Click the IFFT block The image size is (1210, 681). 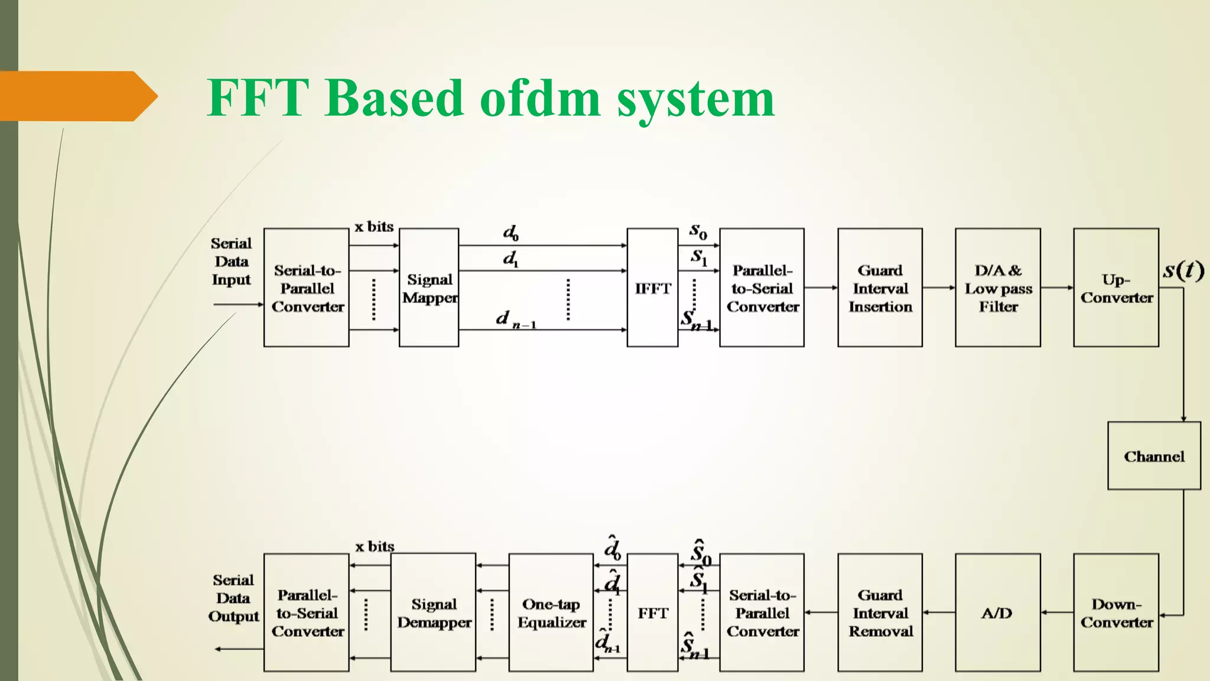[x=652, y=288]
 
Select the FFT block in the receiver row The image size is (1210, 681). [x=652, y=612]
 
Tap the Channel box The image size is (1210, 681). [x=1154, y=456]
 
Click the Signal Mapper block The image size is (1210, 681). [x=429, y=288]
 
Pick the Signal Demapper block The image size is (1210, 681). [x=433, y=612]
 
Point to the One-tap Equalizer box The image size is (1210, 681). [x=551, y=612]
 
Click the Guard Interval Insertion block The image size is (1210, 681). [x=880, y=288]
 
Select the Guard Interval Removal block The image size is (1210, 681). [x=880, y=612]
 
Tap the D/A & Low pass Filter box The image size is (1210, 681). [x=998, y=288]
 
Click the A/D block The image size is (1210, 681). [x=997, y=612]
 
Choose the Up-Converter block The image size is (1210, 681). [x=1116, y=288]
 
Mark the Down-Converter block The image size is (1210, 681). [x=1116, y=612]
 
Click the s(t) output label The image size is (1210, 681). [x=1183, y=270]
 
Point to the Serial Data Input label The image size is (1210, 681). [x=231, y=261]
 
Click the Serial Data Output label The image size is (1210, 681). [x=233, y=598]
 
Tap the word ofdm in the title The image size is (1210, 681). [x=540, y=98]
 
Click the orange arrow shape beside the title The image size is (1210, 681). [x=77, y=96]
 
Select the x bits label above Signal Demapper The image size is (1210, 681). [x=375, y=546]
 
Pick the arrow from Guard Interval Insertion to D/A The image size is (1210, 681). [x=938, y=288]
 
